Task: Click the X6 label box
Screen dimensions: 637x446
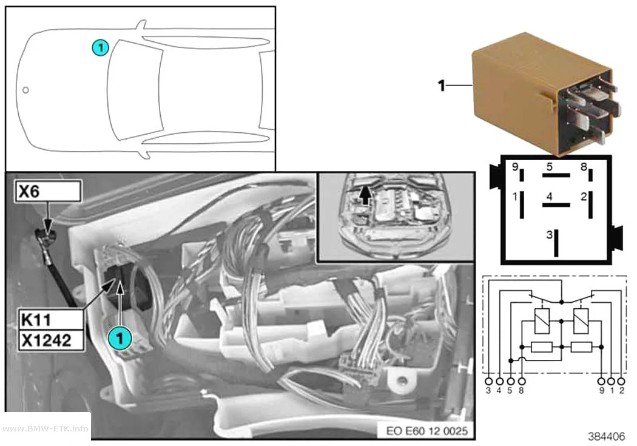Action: pyautogui.click(x=49, y=191)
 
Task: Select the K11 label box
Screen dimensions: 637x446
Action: pyautogui.click(x=51, y=320)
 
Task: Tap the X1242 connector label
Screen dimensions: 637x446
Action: pyautogui.click(x=51, y=340)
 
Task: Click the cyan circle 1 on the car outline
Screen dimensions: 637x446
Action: pyautogui.click(x=100, y=47)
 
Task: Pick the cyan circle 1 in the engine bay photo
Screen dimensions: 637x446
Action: pyautogui.click(x=120, y=338)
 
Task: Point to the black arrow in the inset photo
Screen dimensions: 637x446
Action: pyautogui.click(x=366, y=195)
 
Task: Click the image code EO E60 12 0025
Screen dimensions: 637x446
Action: pyautogui.click(x=426, y=431)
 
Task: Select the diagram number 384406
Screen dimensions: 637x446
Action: pyautogui.click(x=606, y=436)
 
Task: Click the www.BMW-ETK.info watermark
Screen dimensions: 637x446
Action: pyautogui.click(x=45, y=428)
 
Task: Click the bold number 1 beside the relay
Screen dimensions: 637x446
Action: pyautogui.click(x=442, y=86)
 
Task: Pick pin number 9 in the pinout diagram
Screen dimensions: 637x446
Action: pyautogui.click(x=514, y=166)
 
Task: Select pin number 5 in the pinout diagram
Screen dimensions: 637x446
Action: pyautogui.click(x=549, y=166)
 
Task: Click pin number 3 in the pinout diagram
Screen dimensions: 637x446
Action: pyautogui.click(x=549, y=235)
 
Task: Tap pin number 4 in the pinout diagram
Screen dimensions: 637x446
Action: pyautogui.click(x=549, y=197)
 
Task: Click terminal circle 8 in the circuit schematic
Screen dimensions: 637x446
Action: pyautogui.click(x=522, y=382)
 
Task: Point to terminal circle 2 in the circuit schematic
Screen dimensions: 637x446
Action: pyautogui.click(x=621, y=382)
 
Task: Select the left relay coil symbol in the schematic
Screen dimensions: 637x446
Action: pyautogui.click(x=542, y=321)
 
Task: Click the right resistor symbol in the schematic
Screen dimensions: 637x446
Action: pyautogui.click(x=581, y=347)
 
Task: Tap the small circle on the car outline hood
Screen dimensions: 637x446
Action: pyautogui.click(x=25, y=90)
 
